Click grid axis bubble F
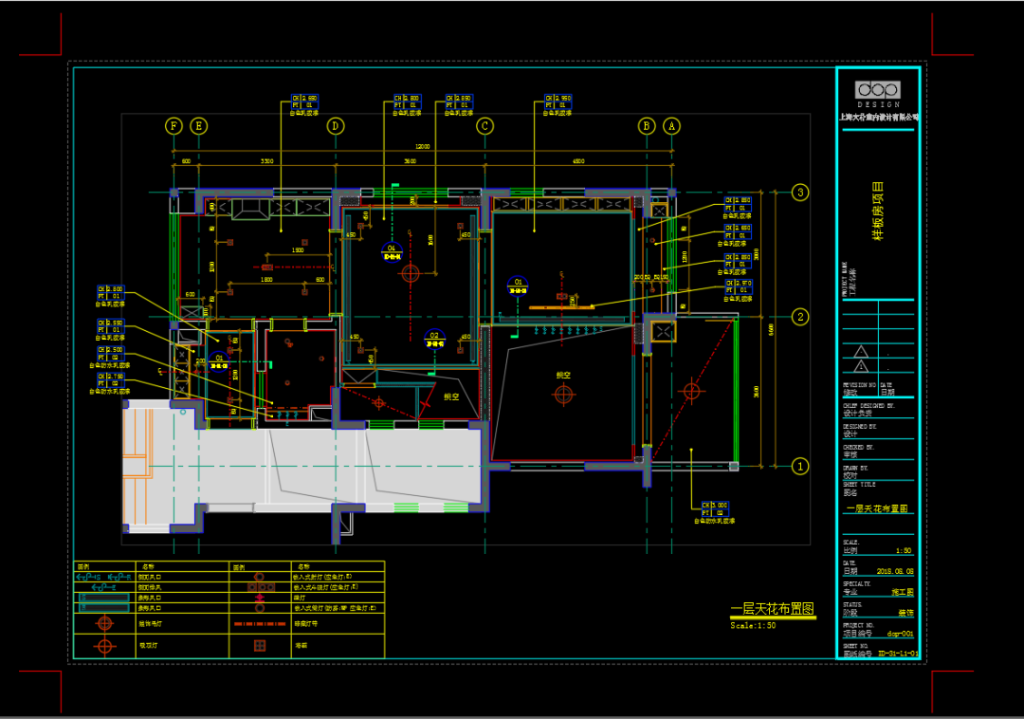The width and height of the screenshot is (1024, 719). (x=174, y=125)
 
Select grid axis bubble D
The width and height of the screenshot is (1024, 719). (x=335, y=125)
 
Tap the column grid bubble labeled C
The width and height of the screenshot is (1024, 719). (x=485, y=125)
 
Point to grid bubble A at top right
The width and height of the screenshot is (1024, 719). (x=671, y=125)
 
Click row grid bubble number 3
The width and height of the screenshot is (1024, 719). (x=801, y=193)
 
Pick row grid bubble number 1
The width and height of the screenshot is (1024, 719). (x=801, y=466)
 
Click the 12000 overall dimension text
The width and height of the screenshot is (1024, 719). (x=422, y=147)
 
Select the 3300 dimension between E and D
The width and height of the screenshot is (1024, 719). (x=267, y=162)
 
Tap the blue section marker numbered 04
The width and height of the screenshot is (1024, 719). (x=392, y=250)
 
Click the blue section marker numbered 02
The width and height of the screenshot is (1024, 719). (x=435, y=337)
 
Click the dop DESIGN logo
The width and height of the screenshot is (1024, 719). (x=878, y=92)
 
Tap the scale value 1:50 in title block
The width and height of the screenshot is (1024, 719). (x=903, y=550)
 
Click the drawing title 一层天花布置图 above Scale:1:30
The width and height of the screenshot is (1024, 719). (x=772, y=610)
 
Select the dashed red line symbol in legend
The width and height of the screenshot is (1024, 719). (x=259, y=623)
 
